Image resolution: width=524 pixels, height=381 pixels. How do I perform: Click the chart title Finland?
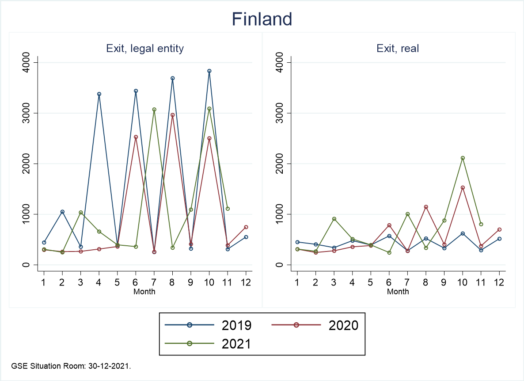click(262, 19)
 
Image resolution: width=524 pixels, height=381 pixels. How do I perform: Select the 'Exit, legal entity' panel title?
click(145, 49)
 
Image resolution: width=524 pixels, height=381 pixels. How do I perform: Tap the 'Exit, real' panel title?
click(398, 49)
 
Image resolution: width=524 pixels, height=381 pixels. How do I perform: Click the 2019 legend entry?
click(208, 325)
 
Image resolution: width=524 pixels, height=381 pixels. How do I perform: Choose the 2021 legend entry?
click(208, 344)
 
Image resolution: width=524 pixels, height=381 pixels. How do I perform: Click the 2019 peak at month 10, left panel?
click(209, 71)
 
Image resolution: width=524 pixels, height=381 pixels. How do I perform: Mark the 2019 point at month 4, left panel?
click(99, 94)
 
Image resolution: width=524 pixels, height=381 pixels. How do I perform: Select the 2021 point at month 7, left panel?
click(154, 110)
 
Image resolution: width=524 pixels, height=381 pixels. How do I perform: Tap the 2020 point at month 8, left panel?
click(172, 115)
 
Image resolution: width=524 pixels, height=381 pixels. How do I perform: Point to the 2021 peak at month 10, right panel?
click(463, 158)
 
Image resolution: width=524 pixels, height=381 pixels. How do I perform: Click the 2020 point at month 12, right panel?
click(499, 230)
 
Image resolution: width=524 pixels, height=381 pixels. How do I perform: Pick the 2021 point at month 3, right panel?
click(334, 219)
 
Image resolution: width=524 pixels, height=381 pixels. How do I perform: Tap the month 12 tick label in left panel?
click(246, 283)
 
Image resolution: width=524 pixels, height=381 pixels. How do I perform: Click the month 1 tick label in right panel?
click(297, 283)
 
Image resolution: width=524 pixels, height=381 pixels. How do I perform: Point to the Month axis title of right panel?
click(398, 292)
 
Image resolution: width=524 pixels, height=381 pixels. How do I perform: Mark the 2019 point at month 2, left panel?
click(62, 212)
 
